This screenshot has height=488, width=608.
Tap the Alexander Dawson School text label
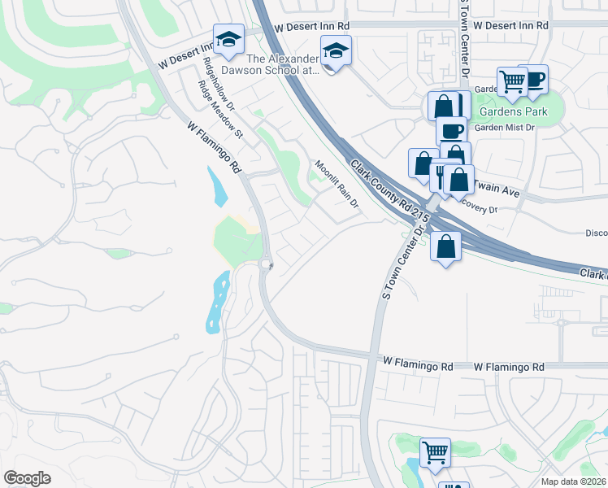[284, 64]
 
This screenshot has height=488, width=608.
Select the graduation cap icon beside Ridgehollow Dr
[228, 39]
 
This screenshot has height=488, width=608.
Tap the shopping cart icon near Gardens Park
[512, 81]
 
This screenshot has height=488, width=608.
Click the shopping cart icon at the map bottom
[435, 452]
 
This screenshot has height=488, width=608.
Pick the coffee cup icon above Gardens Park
[534, 80]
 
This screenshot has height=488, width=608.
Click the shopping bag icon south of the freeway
[446, 247]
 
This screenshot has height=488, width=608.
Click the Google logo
[28, 477]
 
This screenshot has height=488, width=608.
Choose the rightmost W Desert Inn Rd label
[510, 26]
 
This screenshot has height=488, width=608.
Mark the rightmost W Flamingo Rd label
[509, 368]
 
